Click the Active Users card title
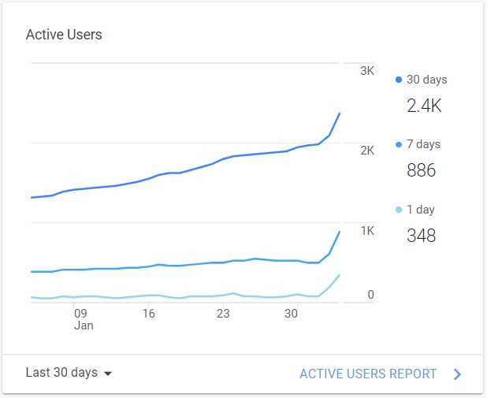[x=64, y=35]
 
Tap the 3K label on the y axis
[x=366, y=71]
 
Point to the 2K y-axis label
[x=366, y=151]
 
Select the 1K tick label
[x=366, y=231]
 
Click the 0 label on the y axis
[x=370, y=295]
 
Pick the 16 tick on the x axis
[x=148, y=313]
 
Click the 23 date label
[x=223, y=313]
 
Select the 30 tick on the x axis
[x=291, y=313]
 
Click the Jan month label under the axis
[x=84, y=325]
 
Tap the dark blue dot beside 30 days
[x=399, y=80]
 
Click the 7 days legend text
[x=423, y=144]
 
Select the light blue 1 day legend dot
[x=399, y=210]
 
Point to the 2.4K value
[x=424, y=106]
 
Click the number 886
[x=421, y=170]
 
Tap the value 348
[x=421, y=236]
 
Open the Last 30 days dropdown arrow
[x=108, y=374]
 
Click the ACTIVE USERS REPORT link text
[x=368, y=374]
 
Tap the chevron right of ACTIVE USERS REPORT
[x=457, y=374]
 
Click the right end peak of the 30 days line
[x=340, y=113]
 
